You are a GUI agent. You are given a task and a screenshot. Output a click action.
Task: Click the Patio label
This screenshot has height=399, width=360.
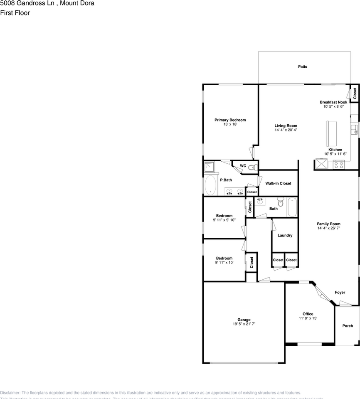click(303, 66)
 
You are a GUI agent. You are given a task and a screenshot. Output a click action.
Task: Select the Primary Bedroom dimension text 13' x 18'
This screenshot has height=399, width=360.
click(230, 124)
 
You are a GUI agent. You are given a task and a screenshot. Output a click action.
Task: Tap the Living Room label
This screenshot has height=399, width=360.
click(286, 126)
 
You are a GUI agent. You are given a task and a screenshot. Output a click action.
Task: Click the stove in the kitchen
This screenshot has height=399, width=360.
click(339, 165)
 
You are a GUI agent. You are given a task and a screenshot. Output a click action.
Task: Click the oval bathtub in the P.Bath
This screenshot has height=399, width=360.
click(211, 185)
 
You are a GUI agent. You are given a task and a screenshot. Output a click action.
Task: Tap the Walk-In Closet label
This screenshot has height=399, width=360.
click(278, 183)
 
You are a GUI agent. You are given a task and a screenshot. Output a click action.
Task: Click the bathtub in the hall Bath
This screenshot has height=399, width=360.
click(292, 207)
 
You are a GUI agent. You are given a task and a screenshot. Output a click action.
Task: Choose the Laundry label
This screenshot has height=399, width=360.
click(285, 235)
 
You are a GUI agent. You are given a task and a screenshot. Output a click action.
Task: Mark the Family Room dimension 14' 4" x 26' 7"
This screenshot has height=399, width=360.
click(328, 228)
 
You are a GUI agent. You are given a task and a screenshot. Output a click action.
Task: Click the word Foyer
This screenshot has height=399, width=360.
click(340, 293)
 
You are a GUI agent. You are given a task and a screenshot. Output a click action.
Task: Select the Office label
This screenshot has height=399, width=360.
click(308, 314)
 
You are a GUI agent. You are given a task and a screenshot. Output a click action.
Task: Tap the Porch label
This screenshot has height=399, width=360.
click(347, 326)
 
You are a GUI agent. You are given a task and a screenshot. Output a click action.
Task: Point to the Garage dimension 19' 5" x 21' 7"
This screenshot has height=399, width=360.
click(244, 324)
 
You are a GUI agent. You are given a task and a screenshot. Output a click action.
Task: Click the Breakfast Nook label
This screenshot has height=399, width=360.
click(333, 102)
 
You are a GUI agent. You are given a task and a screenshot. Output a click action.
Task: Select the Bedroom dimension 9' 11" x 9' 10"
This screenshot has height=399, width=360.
click(224, 220)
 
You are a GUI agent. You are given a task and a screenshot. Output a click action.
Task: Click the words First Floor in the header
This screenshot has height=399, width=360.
click(15, 13)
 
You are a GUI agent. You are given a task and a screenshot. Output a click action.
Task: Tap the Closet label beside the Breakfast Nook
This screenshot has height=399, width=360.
click(355, 94)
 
